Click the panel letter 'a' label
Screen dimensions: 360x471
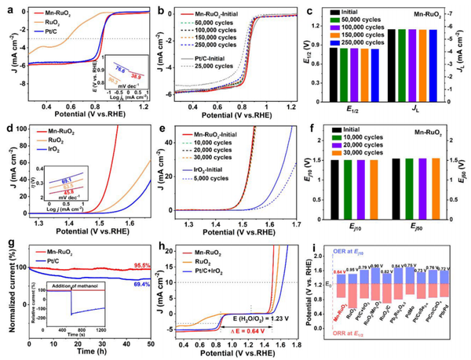click(x=6, y=8)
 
